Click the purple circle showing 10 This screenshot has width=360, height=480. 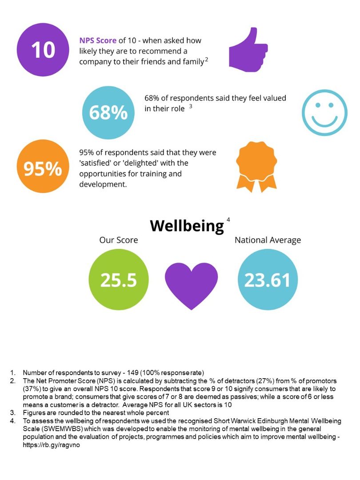pyautogui.click(x=43, y=50)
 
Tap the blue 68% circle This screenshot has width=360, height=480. pyautogui.click(x=108, y=113)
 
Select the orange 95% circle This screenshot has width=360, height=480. pyautogui.click(x=43, y=168)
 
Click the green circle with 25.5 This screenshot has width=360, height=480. pyautogui.click(x=118, y=280)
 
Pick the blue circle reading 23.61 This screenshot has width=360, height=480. pyautogui.click(x=267, y=280)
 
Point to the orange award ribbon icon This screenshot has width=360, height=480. pyautogui.click(x=252, y=167)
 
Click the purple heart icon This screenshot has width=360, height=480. pyautogui.click(x=191, y=284)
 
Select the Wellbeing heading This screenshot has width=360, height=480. pyautogui.click(x=187, y=226)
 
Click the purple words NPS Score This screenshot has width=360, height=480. pyautogui.click(x=98, y=40)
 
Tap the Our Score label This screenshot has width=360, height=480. pyautogui.click(x=118, y=240)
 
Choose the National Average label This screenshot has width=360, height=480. pyautogui.click(x=268, y=240)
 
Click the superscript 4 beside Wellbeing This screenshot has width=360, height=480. pyautogui.click(x=228, y=220)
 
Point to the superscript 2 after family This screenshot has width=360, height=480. pyautogui.click(x=207, y=60)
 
